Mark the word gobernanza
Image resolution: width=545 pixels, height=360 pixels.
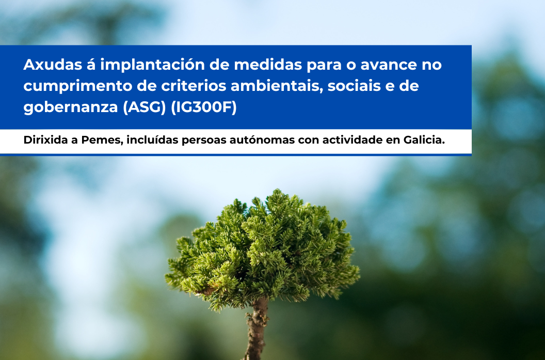[71, 107]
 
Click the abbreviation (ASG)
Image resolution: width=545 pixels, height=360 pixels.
[144, 107]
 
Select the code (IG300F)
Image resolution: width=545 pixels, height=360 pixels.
[204, 107]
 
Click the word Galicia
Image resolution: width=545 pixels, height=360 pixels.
[424, 140]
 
